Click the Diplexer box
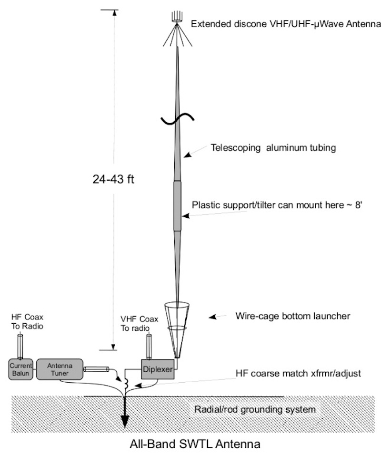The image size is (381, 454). coord(158,369)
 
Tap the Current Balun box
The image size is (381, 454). coord(20,369)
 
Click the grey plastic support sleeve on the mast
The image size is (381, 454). coord(177,205)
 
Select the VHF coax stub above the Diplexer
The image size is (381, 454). coord(149,347)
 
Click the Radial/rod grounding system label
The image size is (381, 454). coord(255,409)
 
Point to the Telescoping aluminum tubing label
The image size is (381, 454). coord(273,148)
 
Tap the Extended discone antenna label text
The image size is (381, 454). coord(286,24)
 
